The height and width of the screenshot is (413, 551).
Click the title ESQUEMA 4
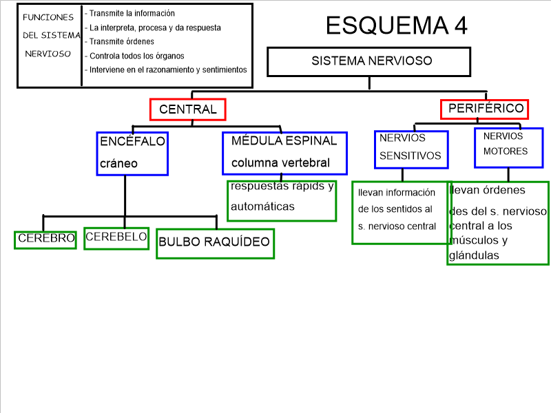point(396,25)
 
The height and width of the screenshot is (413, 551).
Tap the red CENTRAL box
point(187,109)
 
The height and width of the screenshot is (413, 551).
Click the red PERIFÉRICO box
point(485,109)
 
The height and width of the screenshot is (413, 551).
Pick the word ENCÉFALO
point(132,141)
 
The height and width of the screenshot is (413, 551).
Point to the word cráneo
point(118,164)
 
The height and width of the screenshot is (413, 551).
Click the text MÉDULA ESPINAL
point(284,141)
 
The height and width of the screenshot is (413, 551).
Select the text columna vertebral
point(280,163)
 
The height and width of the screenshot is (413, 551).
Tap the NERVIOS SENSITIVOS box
point(410,148)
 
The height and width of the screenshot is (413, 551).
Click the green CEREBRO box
point(45,239)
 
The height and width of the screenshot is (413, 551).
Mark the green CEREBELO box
point(116,238)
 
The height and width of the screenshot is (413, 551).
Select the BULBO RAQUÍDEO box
point(214,242)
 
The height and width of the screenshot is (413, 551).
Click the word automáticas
point(262,206)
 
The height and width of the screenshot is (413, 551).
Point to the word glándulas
point(474,255)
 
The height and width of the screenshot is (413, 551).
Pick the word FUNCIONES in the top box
point(48,17)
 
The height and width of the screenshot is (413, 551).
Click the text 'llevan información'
point(397,193)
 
